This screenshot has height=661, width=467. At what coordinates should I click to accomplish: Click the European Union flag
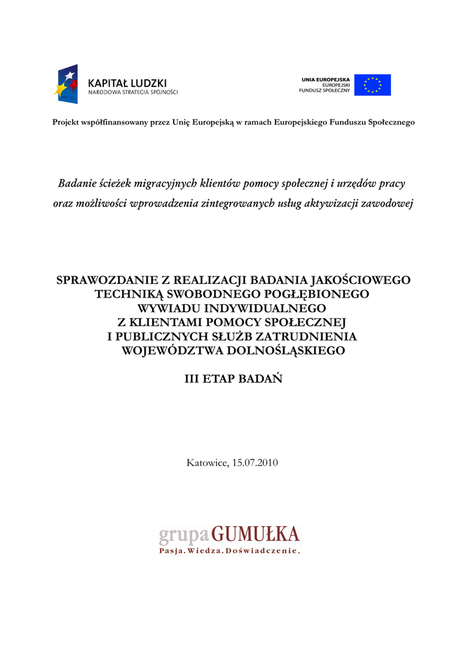372,85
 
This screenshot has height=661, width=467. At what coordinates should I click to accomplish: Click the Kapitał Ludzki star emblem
66,85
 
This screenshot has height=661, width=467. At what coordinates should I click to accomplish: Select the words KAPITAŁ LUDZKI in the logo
127,83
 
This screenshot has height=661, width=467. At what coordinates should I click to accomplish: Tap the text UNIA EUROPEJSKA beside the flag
325,79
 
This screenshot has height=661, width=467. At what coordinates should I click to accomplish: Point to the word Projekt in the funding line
66,123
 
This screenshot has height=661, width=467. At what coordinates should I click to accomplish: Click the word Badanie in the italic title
77,184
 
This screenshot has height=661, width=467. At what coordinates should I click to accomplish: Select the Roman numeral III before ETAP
192,380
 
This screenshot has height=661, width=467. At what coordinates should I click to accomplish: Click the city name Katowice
206,463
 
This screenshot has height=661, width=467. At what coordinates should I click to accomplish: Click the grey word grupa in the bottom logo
184,535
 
